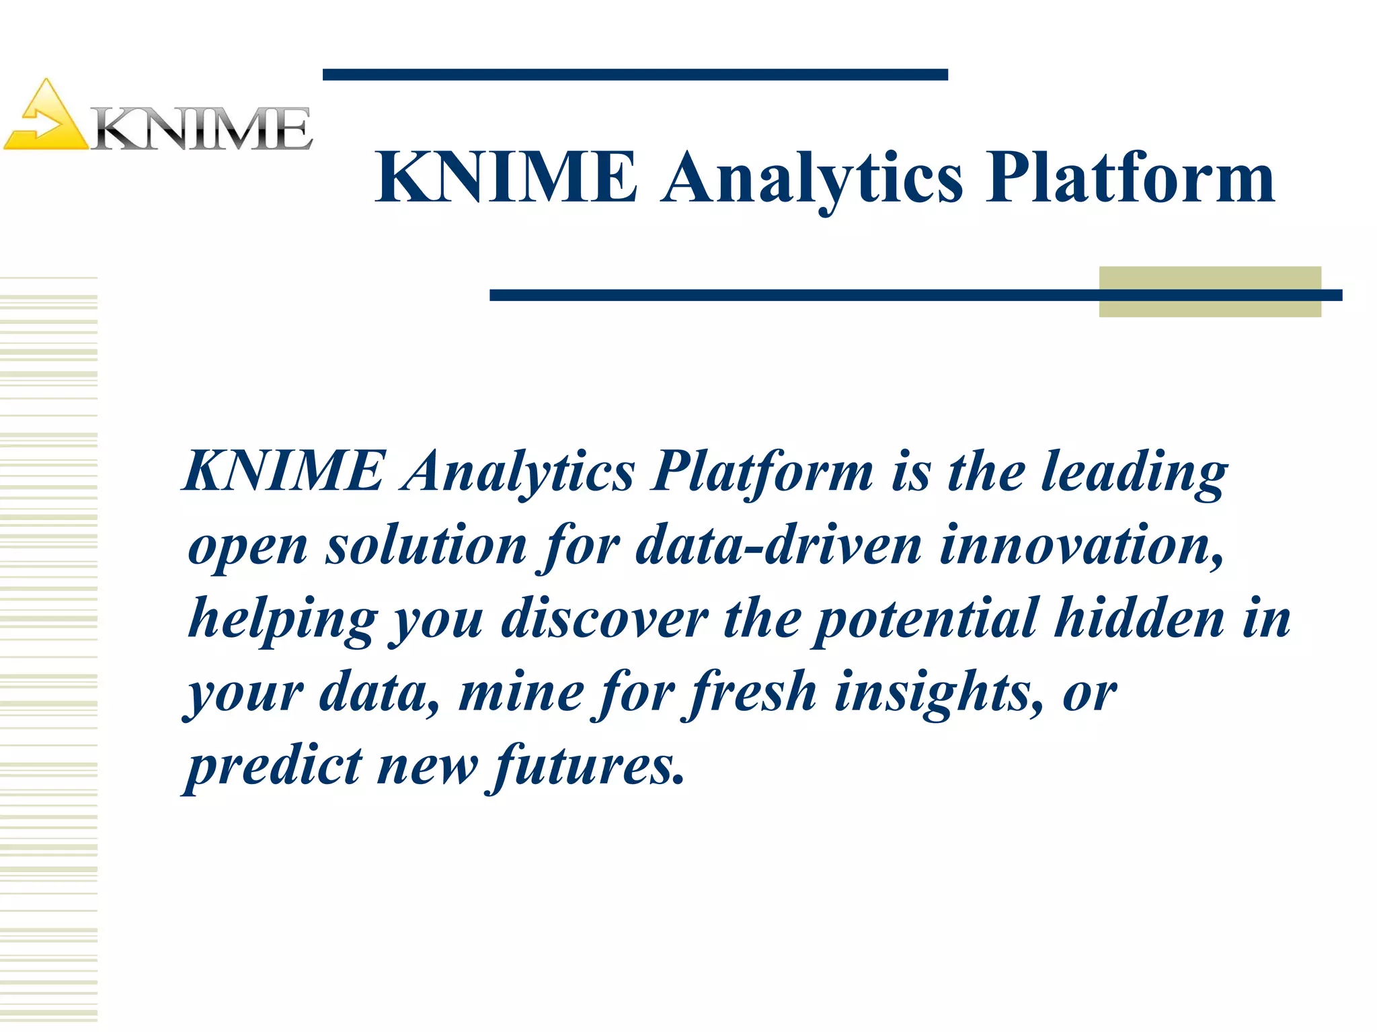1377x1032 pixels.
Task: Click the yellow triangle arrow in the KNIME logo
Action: pos(46,119)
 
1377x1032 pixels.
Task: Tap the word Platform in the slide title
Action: pos(1130,178)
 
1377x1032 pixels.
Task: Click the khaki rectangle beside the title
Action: pos(1210,292)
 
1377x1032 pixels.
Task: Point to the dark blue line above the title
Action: pos(635,75)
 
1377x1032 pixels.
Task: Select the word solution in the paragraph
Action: pos(426,546)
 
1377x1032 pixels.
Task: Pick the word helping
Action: pos(282,619)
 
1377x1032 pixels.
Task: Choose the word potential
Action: pos(927,619)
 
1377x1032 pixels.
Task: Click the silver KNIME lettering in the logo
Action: pos(202,129)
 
